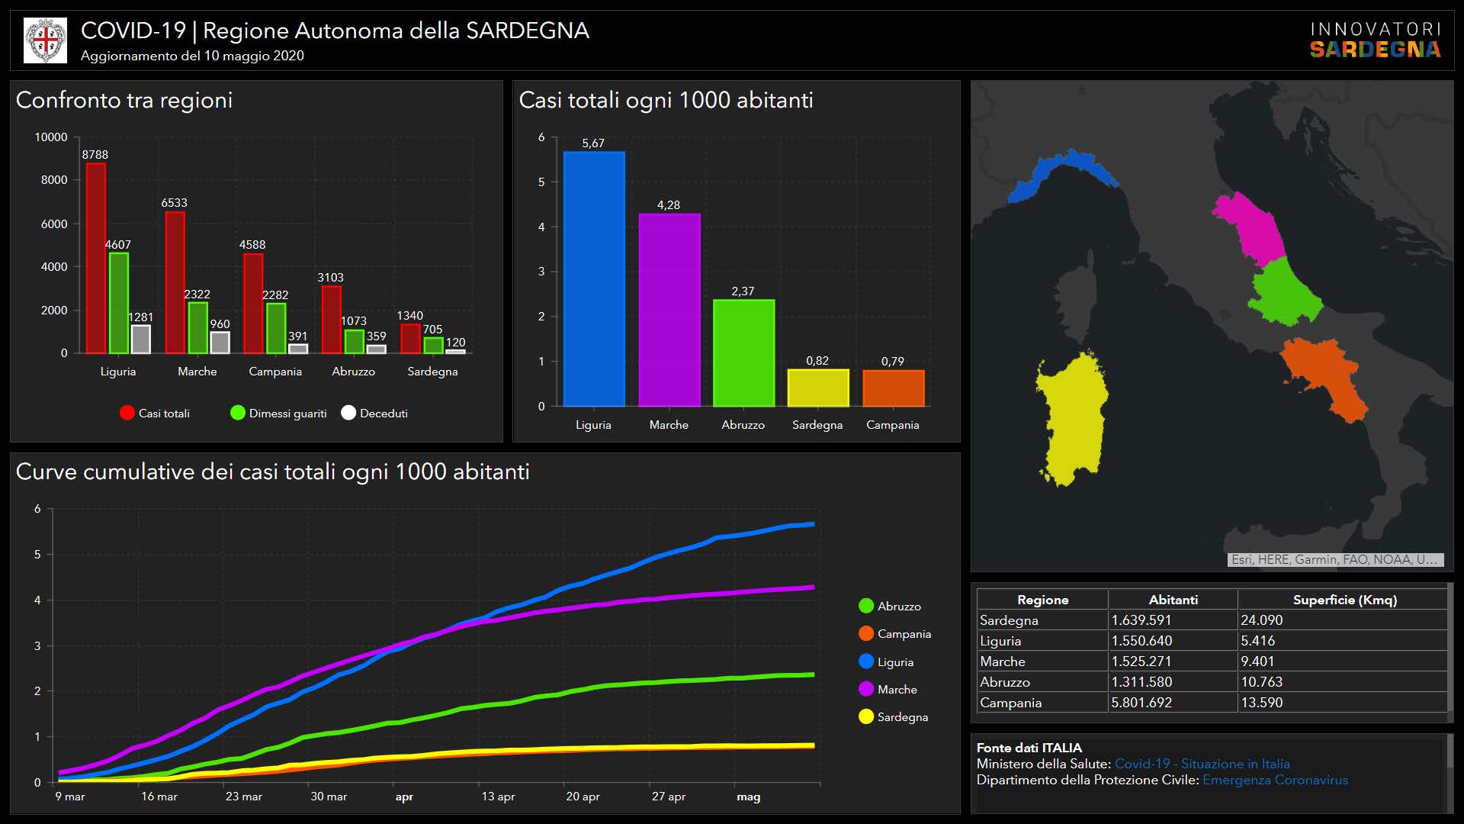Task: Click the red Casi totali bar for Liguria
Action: pos(95,258)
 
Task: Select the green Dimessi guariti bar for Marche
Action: pos(197,328)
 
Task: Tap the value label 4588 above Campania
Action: pos(252,245)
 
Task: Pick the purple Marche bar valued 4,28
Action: pos(669,310)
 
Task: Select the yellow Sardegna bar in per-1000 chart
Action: pos(817,388)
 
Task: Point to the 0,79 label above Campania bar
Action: pos(892,361)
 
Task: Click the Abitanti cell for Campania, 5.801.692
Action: pos(1141,703)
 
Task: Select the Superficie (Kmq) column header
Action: pos(1344,600)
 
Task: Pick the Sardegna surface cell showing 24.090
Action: pos(1261,620)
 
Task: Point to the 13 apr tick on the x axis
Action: pos(498,797)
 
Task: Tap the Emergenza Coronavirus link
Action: pos(1275,781)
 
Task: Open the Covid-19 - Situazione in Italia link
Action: pos(1202,764)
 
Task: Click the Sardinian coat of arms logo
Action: pos(46,40)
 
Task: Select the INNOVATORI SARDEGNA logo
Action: pos(1375,40)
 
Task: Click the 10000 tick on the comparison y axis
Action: pos(51,137)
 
